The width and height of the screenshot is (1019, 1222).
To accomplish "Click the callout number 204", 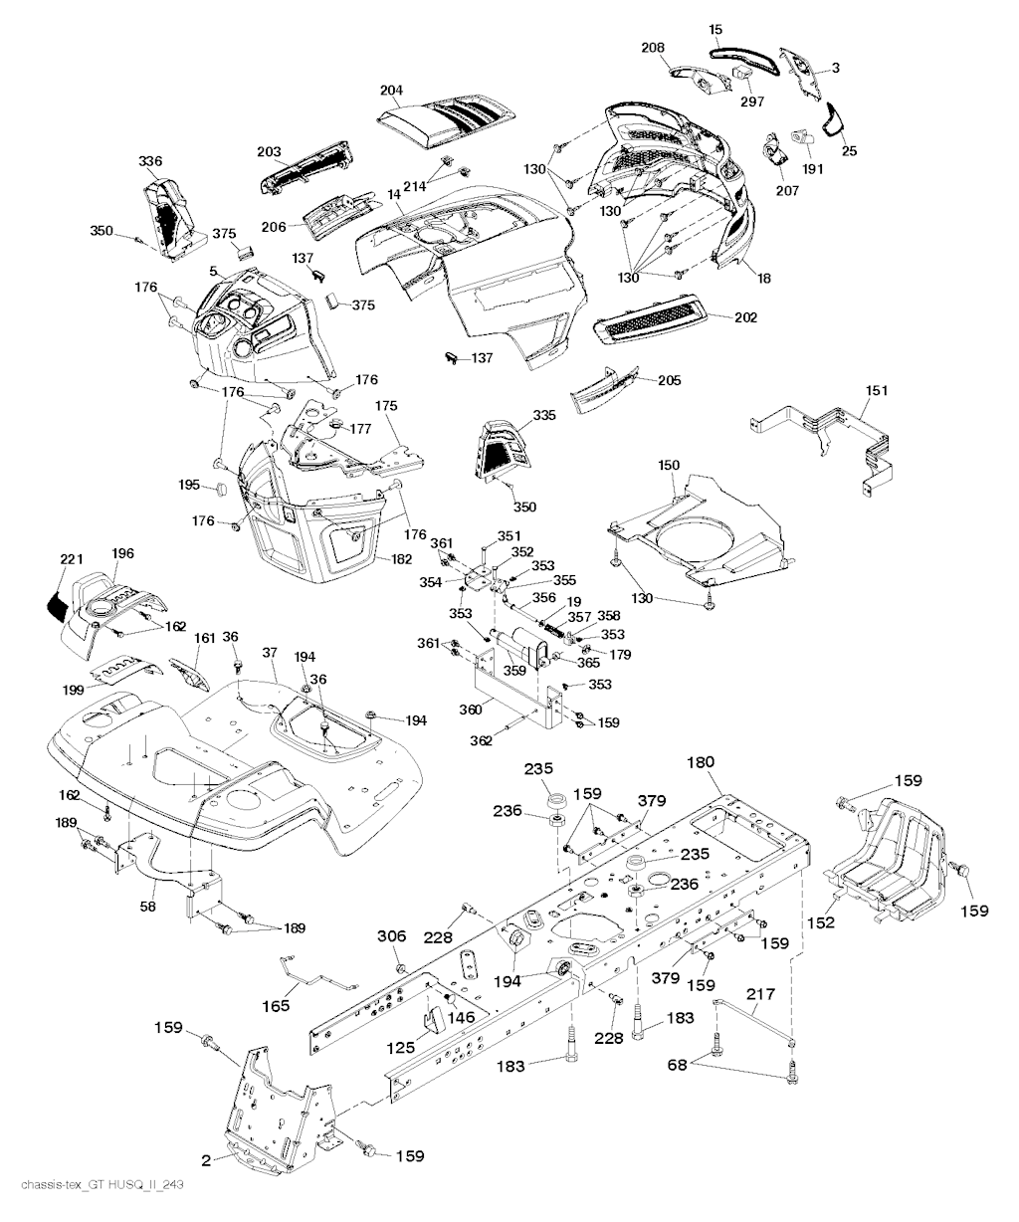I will [391, 91].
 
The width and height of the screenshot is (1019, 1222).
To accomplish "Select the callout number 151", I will [877, 391].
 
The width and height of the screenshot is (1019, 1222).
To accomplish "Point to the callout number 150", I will [669, 465].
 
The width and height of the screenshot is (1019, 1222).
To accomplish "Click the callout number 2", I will [206, 1160].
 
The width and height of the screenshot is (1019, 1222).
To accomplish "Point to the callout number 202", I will [745, 318].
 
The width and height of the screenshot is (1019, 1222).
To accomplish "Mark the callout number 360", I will [470, 710].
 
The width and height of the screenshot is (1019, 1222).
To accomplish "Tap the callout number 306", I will [391, 936].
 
